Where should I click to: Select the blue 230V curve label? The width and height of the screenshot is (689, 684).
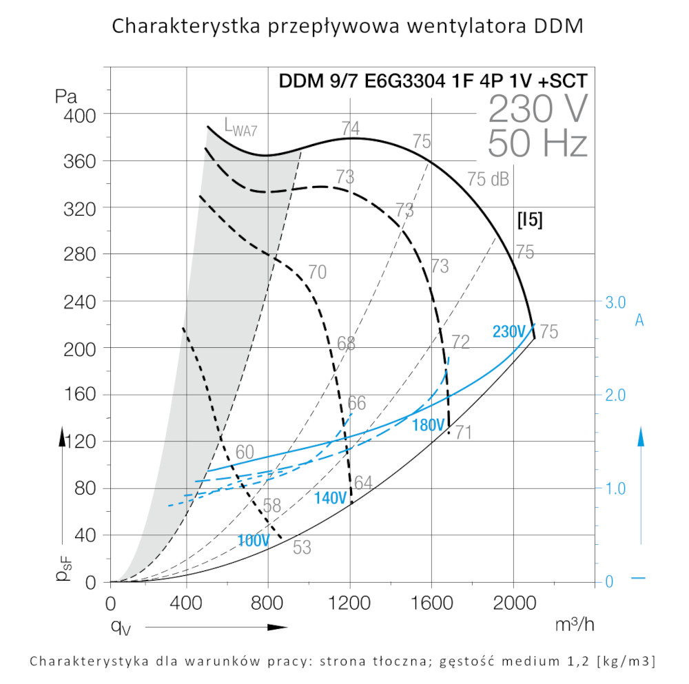coord(509,331)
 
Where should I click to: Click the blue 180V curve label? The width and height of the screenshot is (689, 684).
coord(428,425)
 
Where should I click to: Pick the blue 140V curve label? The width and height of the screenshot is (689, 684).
coord(330,498)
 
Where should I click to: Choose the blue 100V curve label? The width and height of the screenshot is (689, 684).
coord(253,541)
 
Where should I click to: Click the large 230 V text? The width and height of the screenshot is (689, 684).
coord(538,108)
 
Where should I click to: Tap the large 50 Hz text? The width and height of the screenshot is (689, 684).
coord(537,144)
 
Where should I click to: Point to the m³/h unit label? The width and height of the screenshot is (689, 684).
coord(575,625)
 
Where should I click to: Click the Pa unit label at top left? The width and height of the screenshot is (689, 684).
coord(66,95)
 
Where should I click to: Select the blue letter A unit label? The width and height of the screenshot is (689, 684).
coord(639,320)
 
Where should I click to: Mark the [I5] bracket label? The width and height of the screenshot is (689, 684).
coord(529,220)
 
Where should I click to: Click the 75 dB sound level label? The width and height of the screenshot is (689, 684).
coord(488,179)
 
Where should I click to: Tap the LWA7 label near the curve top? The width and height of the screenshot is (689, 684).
coord(240,125)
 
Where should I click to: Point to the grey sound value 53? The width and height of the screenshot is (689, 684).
coord(302,548)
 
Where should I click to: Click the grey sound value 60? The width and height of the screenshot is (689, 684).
coord(245,453)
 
